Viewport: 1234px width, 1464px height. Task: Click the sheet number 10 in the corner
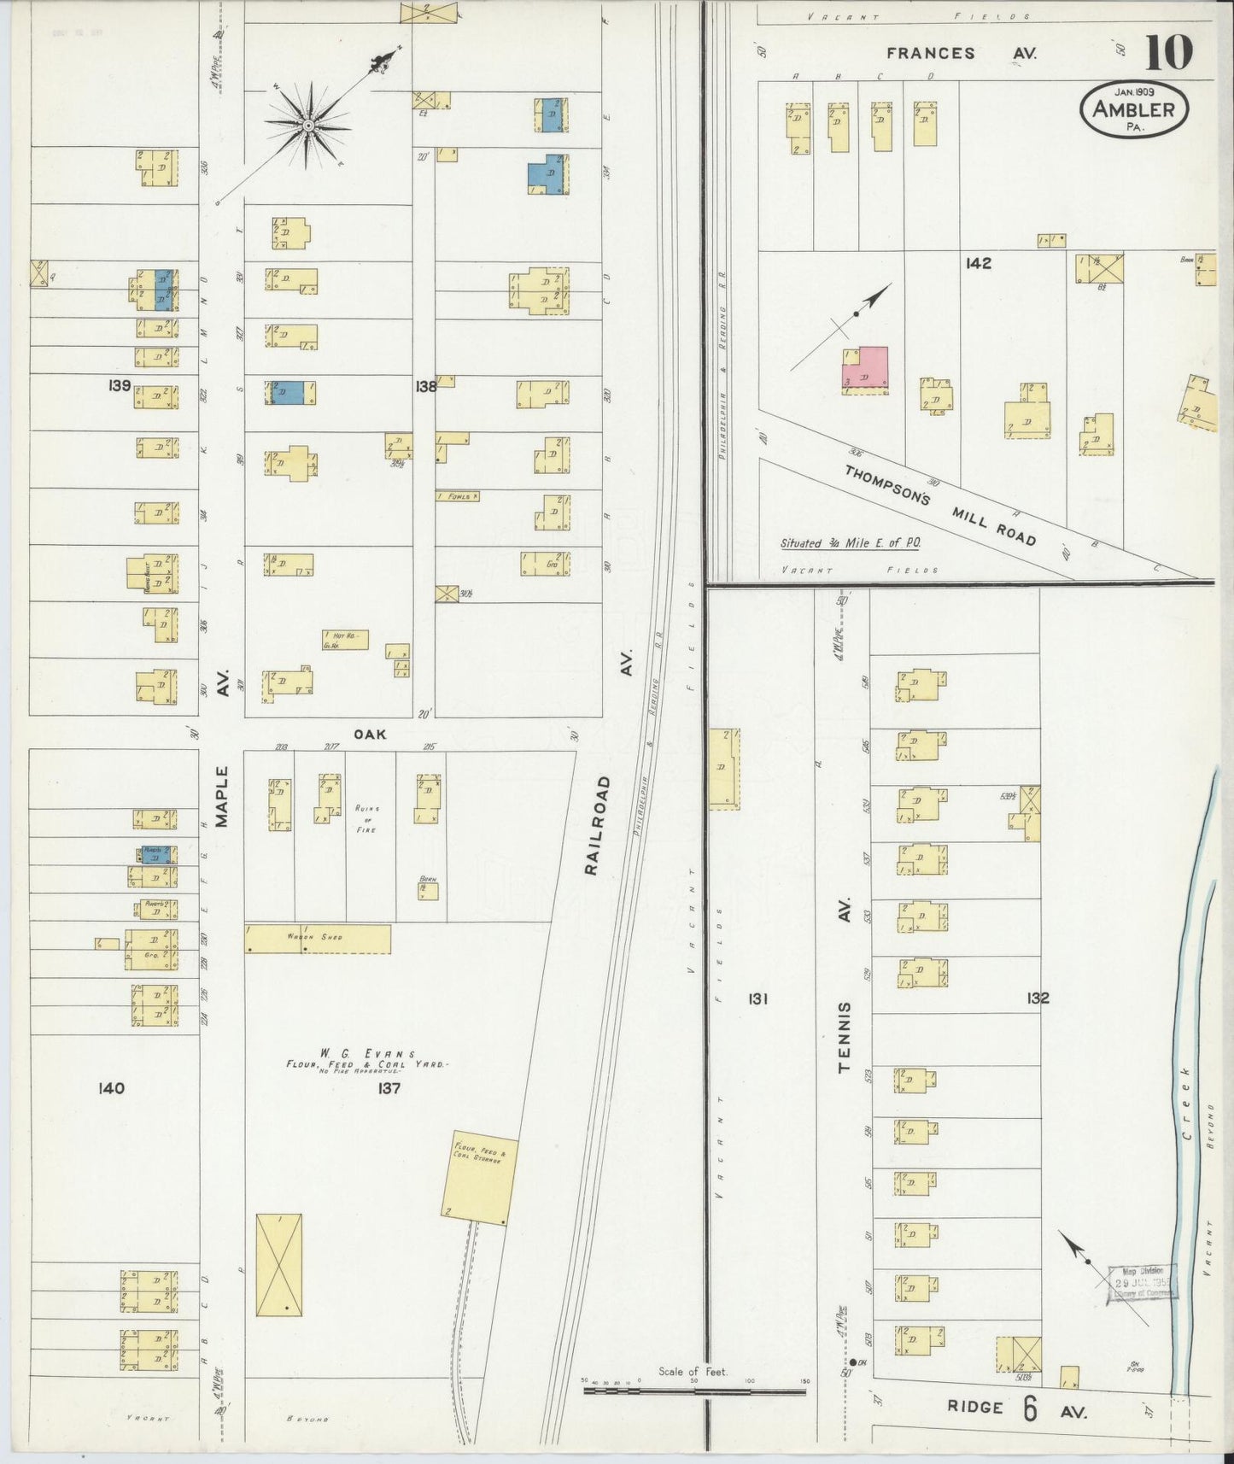[x=1168, y=53]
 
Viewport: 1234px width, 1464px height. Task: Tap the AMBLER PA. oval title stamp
[x=1134, y=110]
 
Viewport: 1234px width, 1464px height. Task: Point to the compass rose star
[x=307, y=126]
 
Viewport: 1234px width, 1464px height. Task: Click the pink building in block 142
[x=865, y=369]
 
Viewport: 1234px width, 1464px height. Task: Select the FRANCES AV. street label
[x=961, y=53]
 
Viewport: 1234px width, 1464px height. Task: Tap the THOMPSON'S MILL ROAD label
[x=940, y=506]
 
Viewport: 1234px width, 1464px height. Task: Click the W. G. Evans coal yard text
[x=367, y=1060]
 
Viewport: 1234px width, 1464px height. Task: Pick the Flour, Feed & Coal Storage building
[x=481, y=1179]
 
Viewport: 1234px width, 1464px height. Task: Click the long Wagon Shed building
[x=318, y=938]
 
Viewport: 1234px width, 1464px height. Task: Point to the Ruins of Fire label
[x=367, y=818]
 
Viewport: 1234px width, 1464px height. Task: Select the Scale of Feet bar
[x=693, y=1391]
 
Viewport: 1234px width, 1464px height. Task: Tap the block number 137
[x=389, y=1088]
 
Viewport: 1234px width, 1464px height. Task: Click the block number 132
[x=1038, y=998]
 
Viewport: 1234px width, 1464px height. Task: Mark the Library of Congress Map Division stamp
[x=1142, y=1284]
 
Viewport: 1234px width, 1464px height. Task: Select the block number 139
[x=120, y=385]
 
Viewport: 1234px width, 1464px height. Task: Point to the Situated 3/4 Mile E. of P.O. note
[x=850, y=543]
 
